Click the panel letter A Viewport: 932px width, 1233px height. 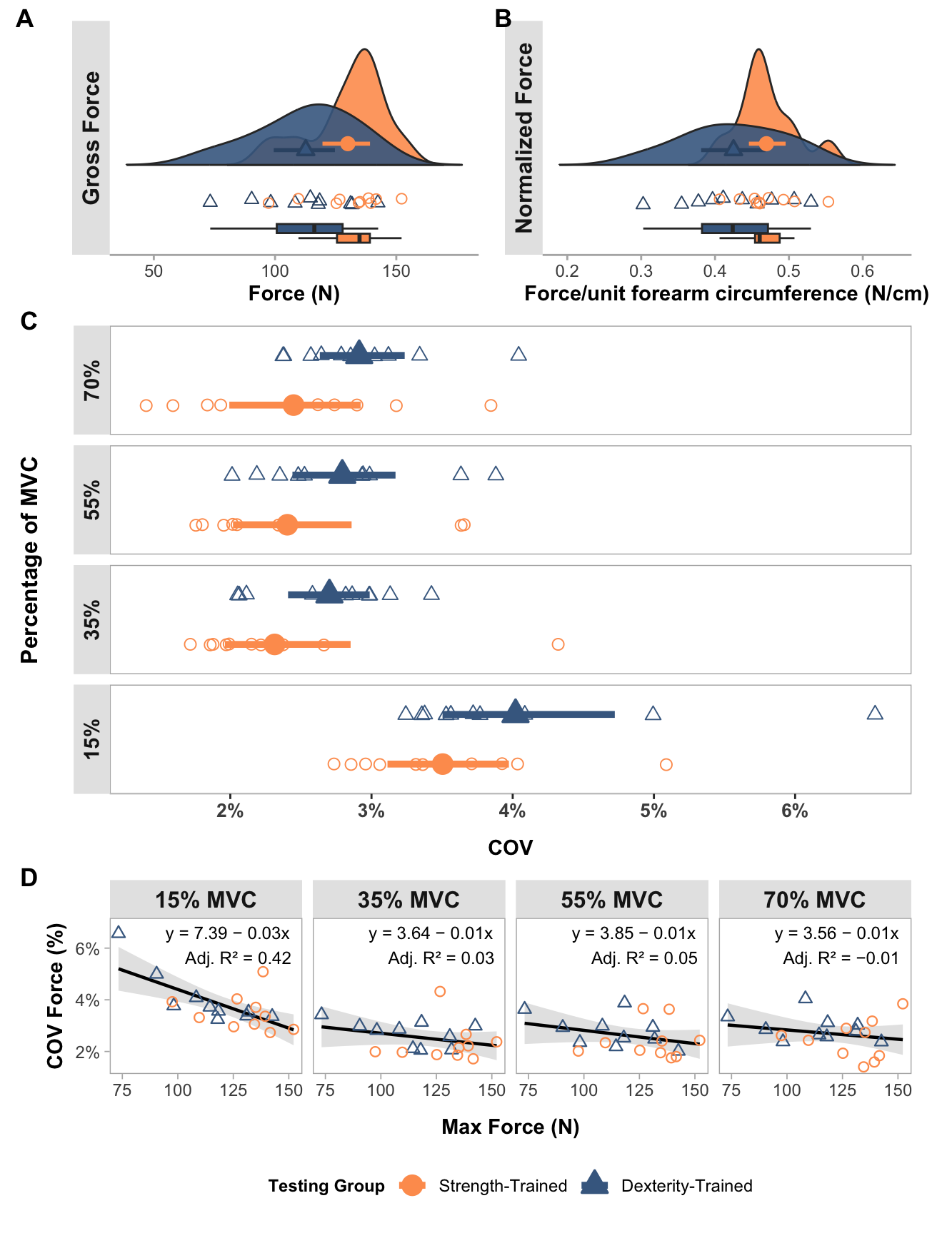24,19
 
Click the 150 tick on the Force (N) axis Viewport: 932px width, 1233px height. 396,271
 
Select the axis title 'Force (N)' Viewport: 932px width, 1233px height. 294,294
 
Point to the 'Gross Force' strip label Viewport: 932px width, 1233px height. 91,138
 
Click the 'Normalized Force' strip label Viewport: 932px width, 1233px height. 524,138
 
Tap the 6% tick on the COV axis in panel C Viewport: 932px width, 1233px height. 794,811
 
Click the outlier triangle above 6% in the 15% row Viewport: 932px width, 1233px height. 875,713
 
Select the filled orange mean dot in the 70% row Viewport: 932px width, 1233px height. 294,405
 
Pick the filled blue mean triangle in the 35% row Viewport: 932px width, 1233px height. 329,592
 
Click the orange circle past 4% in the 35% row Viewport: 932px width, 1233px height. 558,644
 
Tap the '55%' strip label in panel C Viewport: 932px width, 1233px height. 92,499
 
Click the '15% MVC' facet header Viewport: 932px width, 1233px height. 206,900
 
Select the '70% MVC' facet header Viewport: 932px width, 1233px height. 814,900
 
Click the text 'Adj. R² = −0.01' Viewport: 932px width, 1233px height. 841,958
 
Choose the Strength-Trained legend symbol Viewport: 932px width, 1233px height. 413,1186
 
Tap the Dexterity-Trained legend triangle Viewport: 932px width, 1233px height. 595,1186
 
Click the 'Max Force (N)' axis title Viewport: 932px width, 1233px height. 510,1127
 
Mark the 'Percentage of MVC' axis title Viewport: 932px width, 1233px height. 29,560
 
